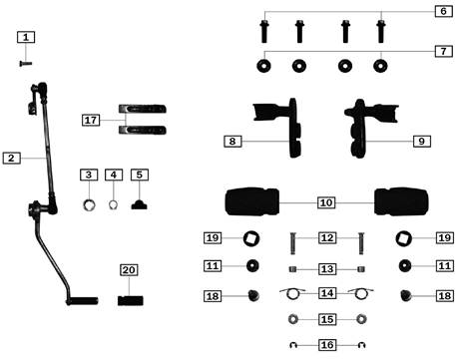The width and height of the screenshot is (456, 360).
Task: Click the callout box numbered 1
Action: [x=27, y=37]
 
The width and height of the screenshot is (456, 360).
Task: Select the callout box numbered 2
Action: [x=10, y=158]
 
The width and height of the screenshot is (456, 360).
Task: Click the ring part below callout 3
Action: [x=88, y=205]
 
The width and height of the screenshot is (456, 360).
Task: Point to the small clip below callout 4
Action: [x=114, y=206]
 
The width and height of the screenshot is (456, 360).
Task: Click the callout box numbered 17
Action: [x=92, y=120]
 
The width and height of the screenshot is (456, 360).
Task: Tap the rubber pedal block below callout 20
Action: [x=129, y=299]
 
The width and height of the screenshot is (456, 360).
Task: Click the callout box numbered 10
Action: [x=325, y=202]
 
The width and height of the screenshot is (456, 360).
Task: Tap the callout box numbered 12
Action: [x=325, y=238]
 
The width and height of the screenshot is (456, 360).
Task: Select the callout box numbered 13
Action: [x=325, y=268]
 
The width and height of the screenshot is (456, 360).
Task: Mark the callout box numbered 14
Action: [x=325, y=294]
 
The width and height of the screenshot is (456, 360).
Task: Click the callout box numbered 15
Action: [x=325, y=319]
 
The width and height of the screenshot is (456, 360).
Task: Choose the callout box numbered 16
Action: [x=325, y=345]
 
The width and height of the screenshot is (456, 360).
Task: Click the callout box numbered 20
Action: [x=128, y=270]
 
